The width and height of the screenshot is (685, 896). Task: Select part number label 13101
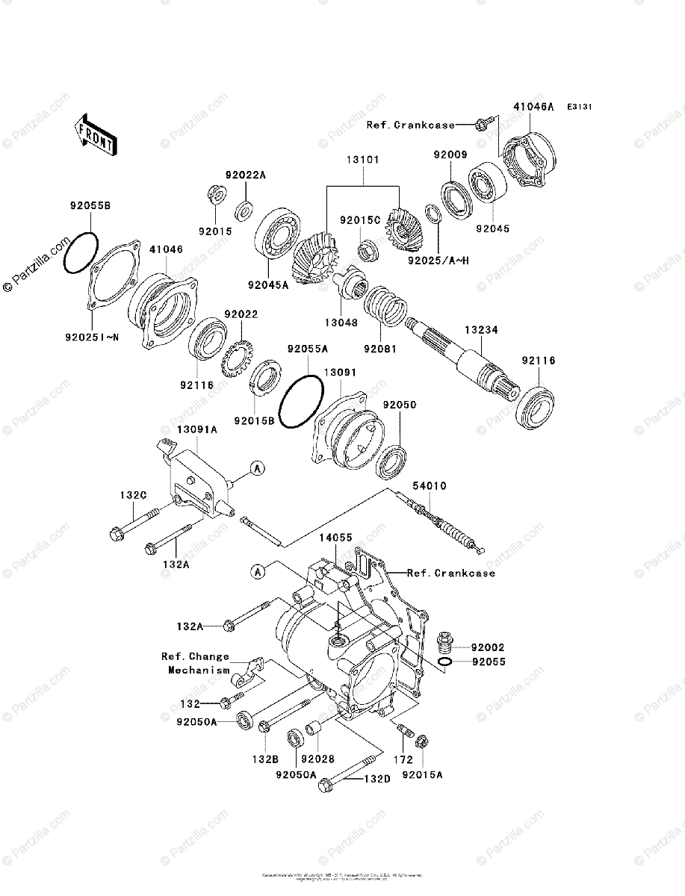362,160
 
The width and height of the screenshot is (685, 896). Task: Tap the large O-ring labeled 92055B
80,252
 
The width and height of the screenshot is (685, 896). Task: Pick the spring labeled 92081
385,307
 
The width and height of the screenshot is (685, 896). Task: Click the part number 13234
480,329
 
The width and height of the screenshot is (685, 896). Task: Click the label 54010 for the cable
430,486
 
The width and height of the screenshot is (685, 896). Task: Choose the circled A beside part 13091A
257,469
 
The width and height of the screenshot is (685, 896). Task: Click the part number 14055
336,537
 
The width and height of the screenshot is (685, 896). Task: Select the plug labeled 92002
444,641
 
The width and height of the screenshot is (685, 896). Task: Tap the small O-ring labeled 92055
444,662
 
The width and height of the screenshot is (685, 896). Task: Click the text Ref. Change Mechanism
196,663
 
